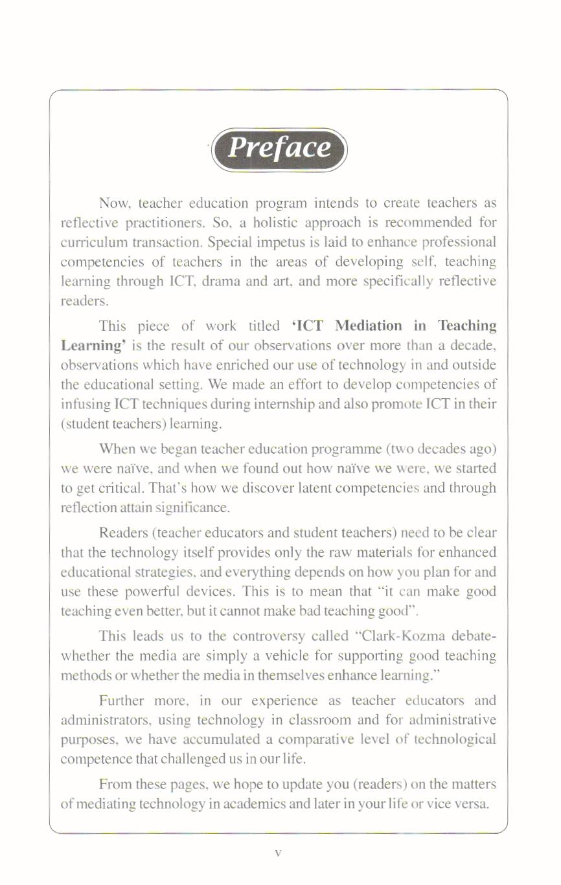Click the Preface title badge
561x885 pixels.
click(280, 148)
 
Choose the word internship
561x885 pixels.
click(277, 404)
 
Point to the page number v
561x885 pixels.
click(277, 853)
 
